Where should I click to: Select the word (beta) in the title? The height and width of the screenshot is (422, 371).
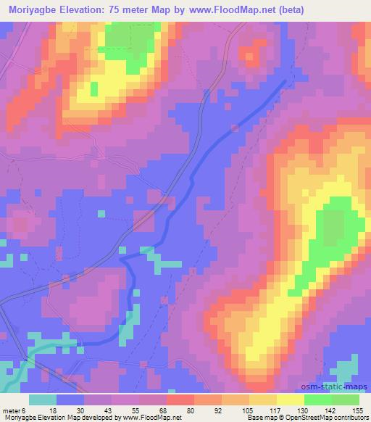288,9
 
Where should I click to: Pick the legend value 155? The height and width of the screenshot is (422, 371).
358,410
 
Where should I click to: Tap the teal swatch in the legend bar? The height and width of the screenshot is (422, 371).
43,400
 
